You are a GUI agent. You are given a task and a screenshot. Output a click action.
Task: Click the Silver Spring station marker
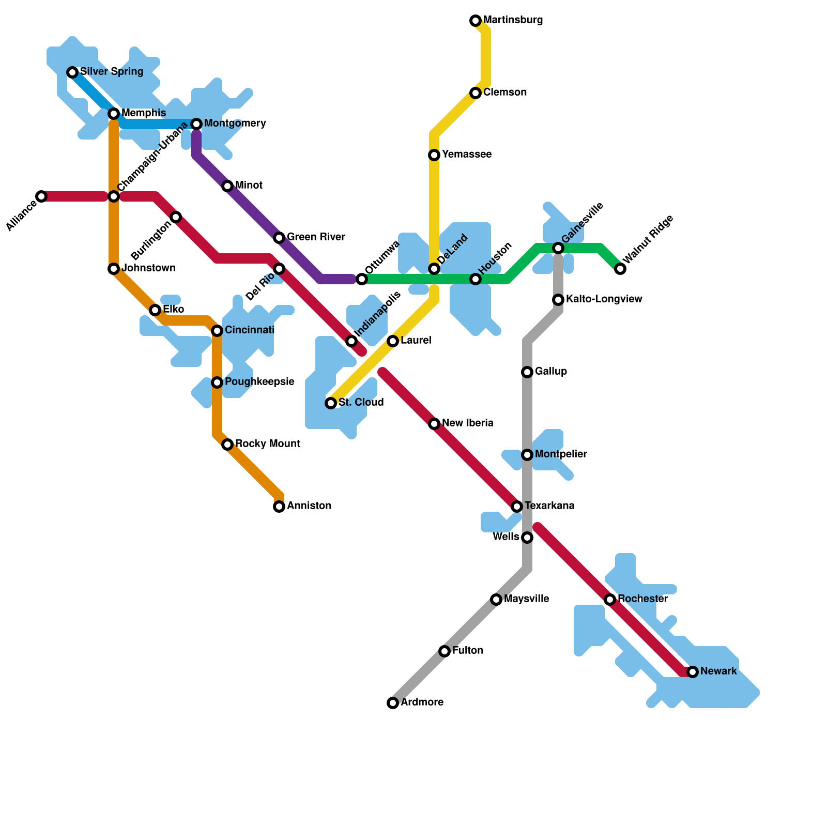72,72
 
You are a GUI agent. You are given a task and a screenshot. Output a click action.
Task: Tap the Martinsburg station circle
476,21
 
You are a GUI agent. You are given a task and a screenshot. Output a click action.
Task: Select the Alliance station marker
41,196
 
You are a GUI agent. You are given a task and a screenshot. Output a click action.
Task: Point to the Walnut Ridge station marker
620,269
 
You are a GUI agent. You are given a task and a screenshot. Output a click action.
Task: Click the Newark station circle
693,672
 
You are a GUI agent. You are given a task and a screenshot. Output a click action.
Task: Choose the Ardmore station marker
393,703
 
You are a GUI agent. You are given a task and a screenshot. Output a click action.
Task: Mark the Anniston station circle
279,507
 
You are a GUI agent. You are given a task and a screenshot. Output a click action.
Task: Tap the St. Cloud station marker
331,403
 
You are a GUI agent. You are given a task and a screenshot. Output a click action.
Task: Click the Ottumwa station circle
362,279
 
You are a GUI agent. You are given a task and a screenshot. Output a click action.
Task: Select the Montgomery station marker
196,124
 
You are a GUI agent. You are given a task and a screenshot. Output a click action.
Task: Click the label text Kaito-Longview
604,299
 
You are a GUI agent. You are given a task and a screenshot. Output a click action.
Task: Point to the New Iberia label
467,423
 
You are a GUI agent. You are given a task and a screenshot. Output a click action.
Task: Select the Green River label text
316,237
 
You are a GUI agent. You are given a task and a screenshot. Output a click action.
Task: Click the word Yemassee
466,155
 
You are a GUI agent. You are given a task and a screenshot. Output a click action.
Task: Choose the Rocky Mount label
267,444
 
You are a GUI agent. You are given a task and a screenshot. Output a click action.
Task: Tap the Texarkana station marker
517,507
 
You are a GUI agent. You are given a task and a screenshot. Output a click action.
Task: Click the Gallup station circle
527,372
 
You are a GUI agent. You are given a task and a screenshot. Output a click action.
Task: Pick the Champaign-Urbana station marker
114,196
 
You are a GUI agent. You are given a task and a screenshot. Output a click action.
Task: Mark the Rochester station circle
610,600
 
